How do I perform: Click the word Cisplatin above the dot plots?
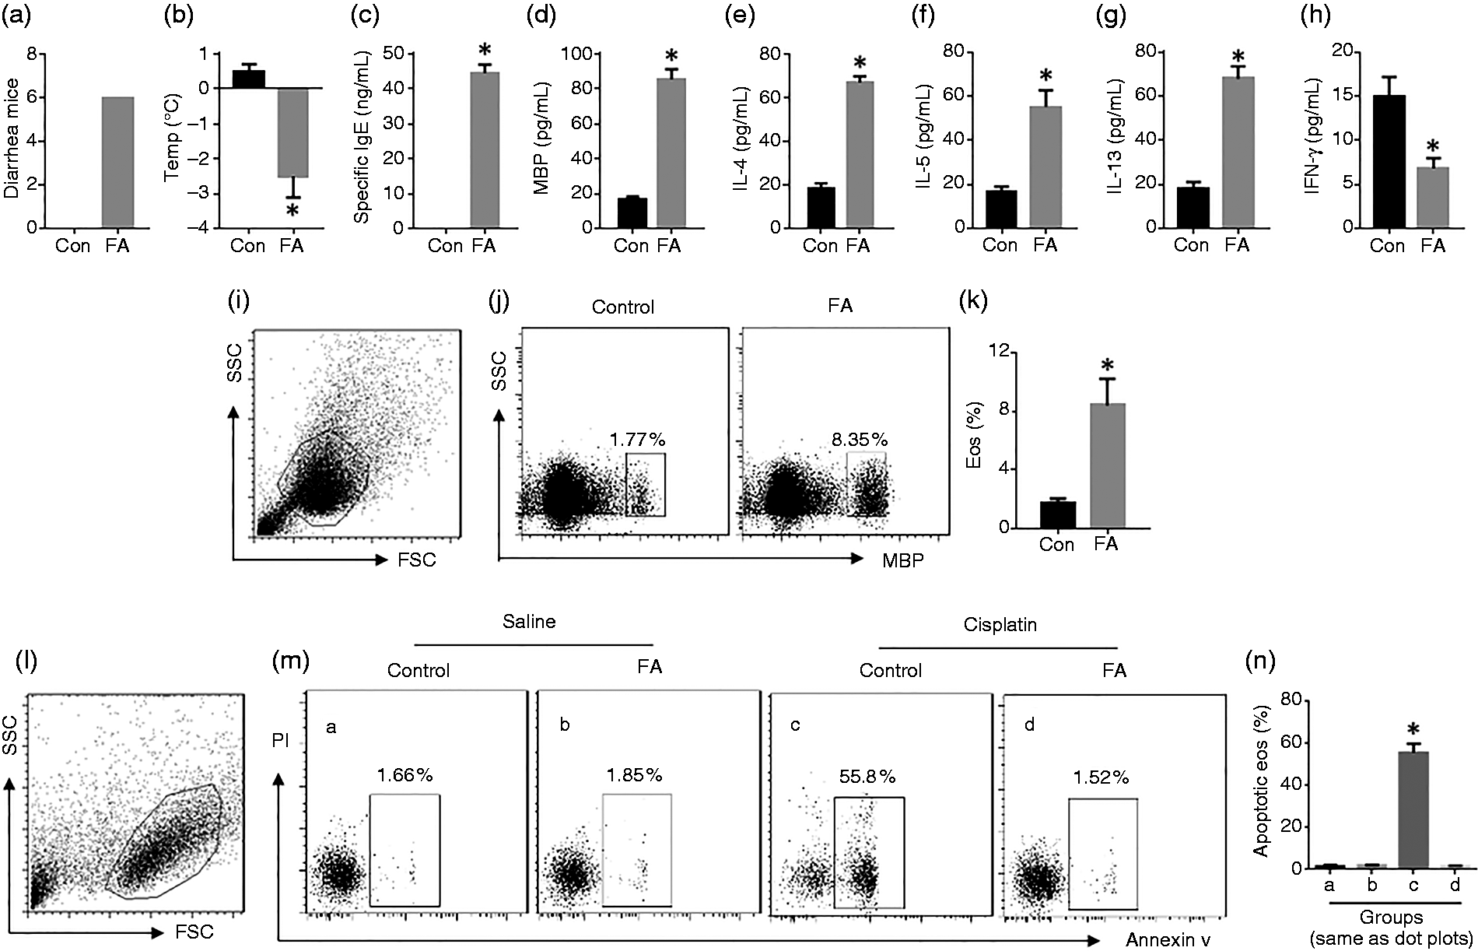[1000, 626]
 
